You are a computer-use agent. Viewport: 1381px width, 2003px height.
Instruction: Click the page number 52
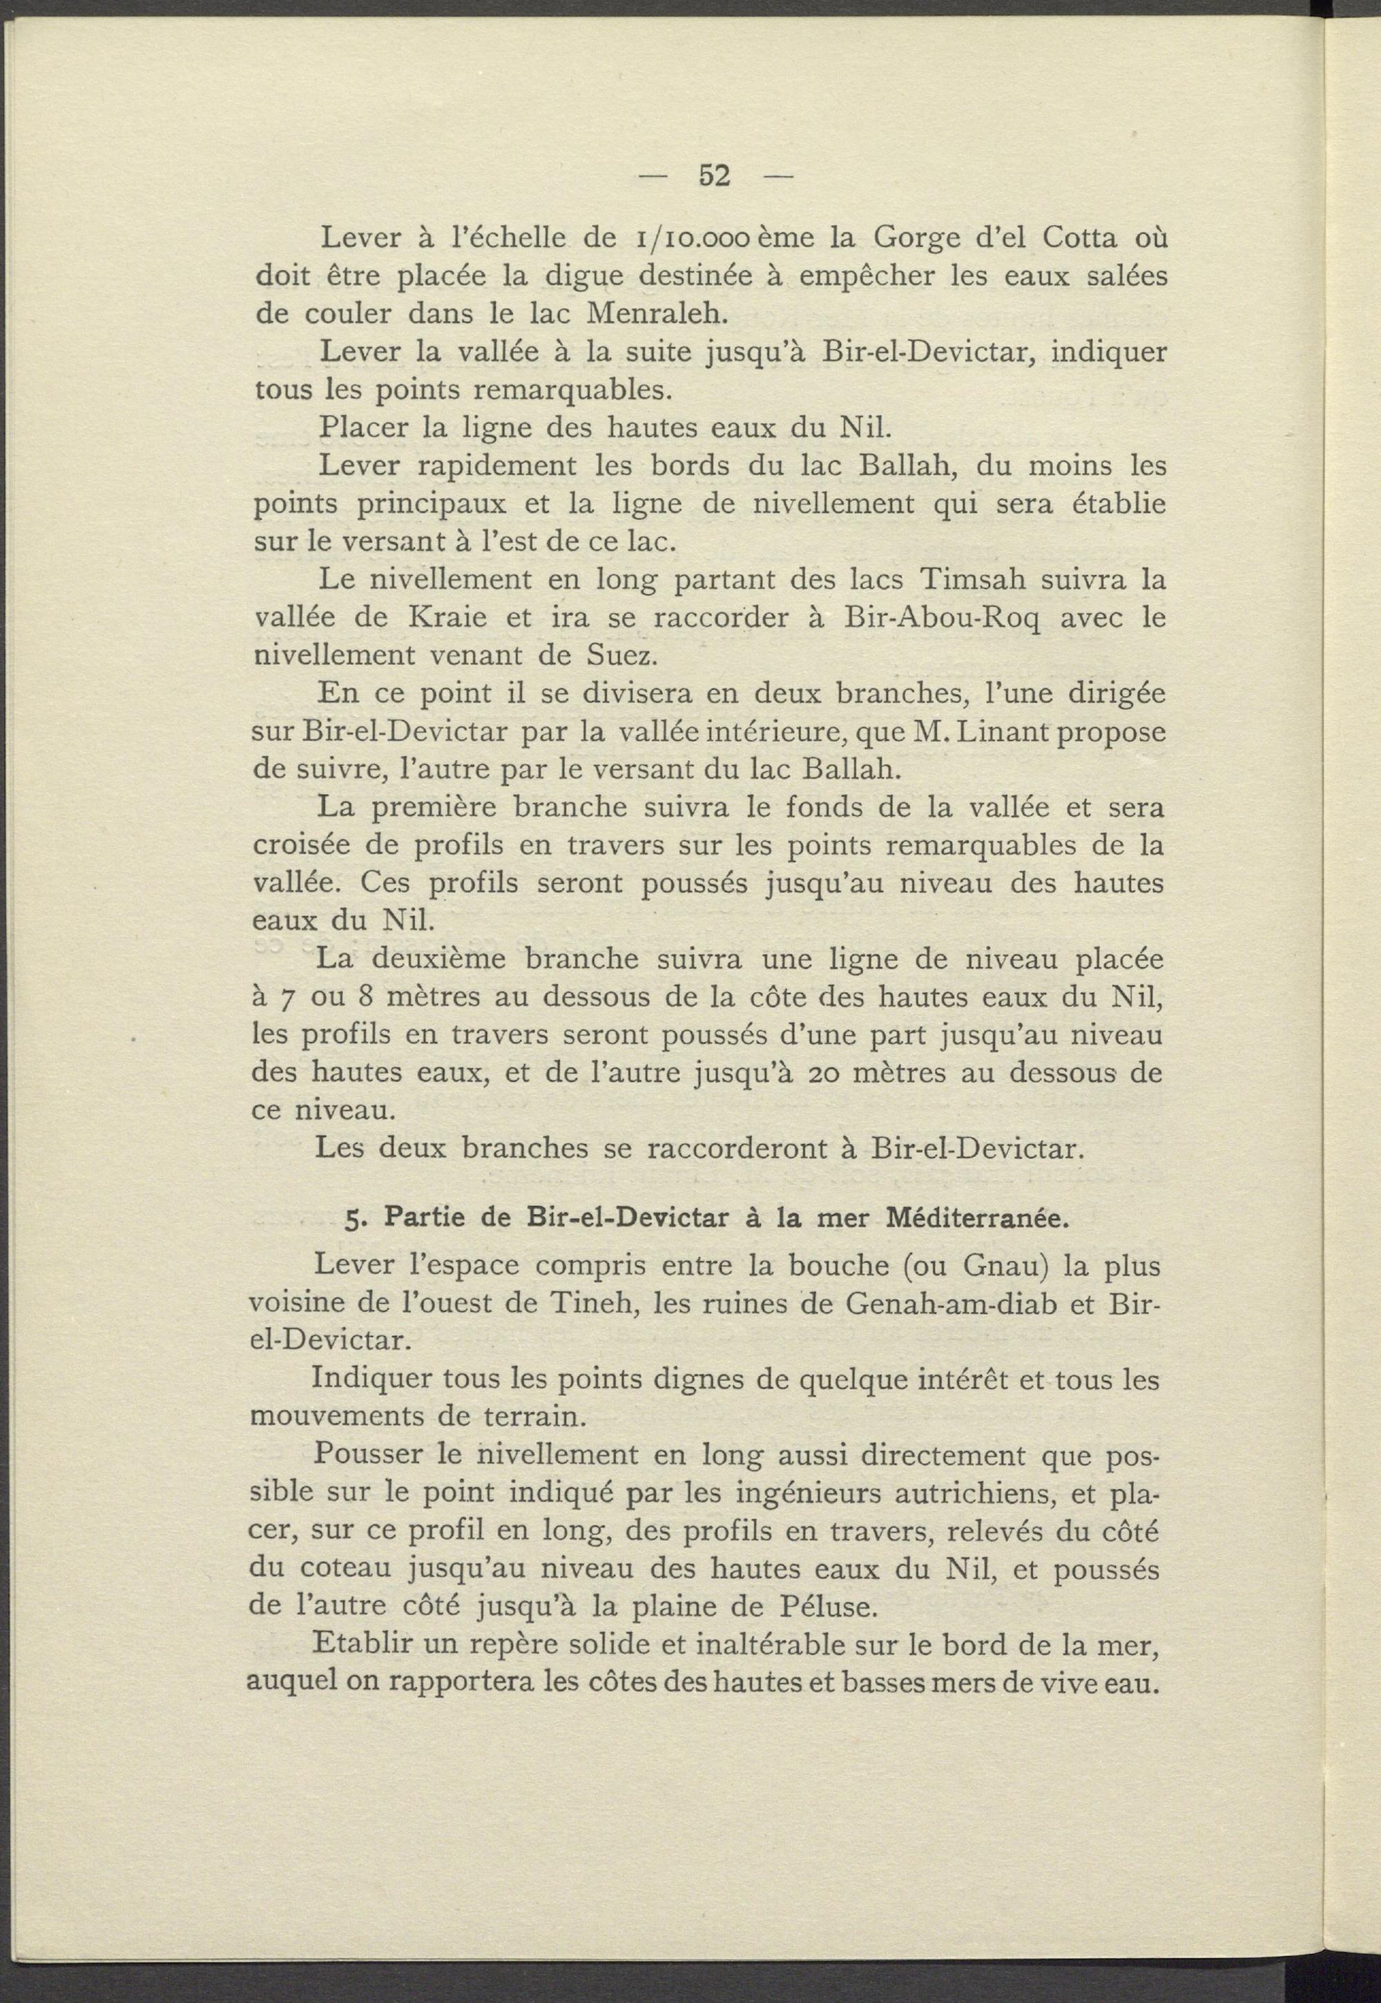[x=715, y=177]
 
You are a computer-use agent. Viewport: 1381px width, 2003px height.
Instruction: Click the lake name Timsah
[x=967, y=579]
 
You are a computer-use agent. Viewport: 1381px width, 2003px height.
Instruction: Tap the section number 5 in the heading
[x=351, y=1221]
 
